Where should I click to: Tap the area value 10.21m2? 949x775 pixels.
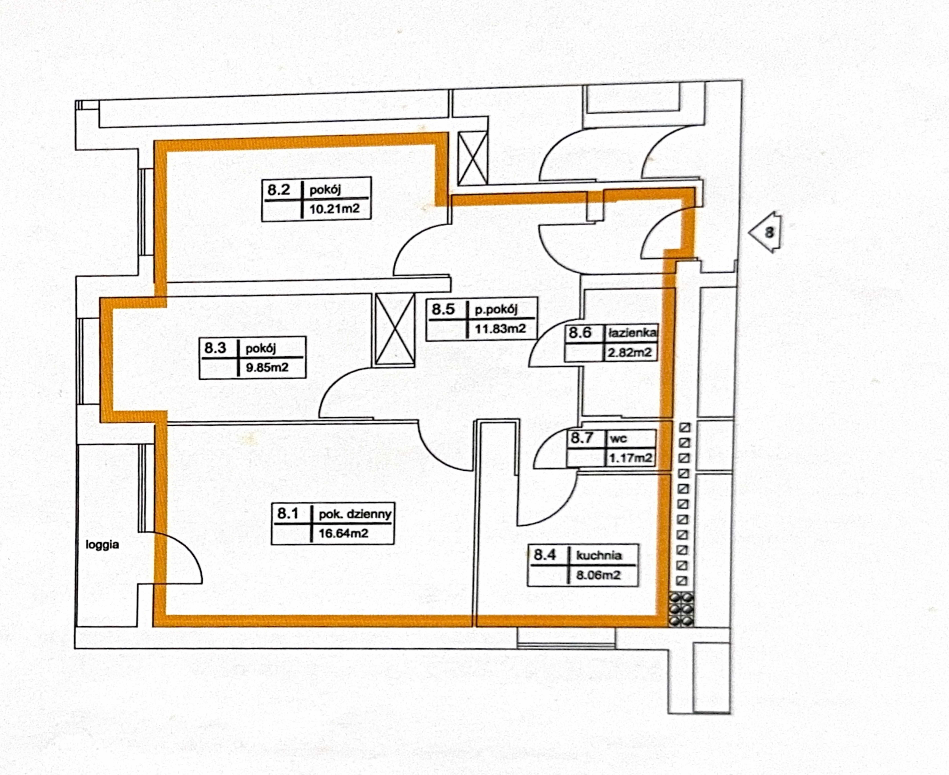(334, 208)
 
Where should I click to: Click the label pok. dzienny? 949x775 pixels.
(355, 514)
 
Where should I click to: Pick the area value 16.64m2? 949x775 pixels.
(343, 533)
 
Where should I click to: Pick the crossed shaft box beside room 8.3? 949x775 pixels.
(395, 330)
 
